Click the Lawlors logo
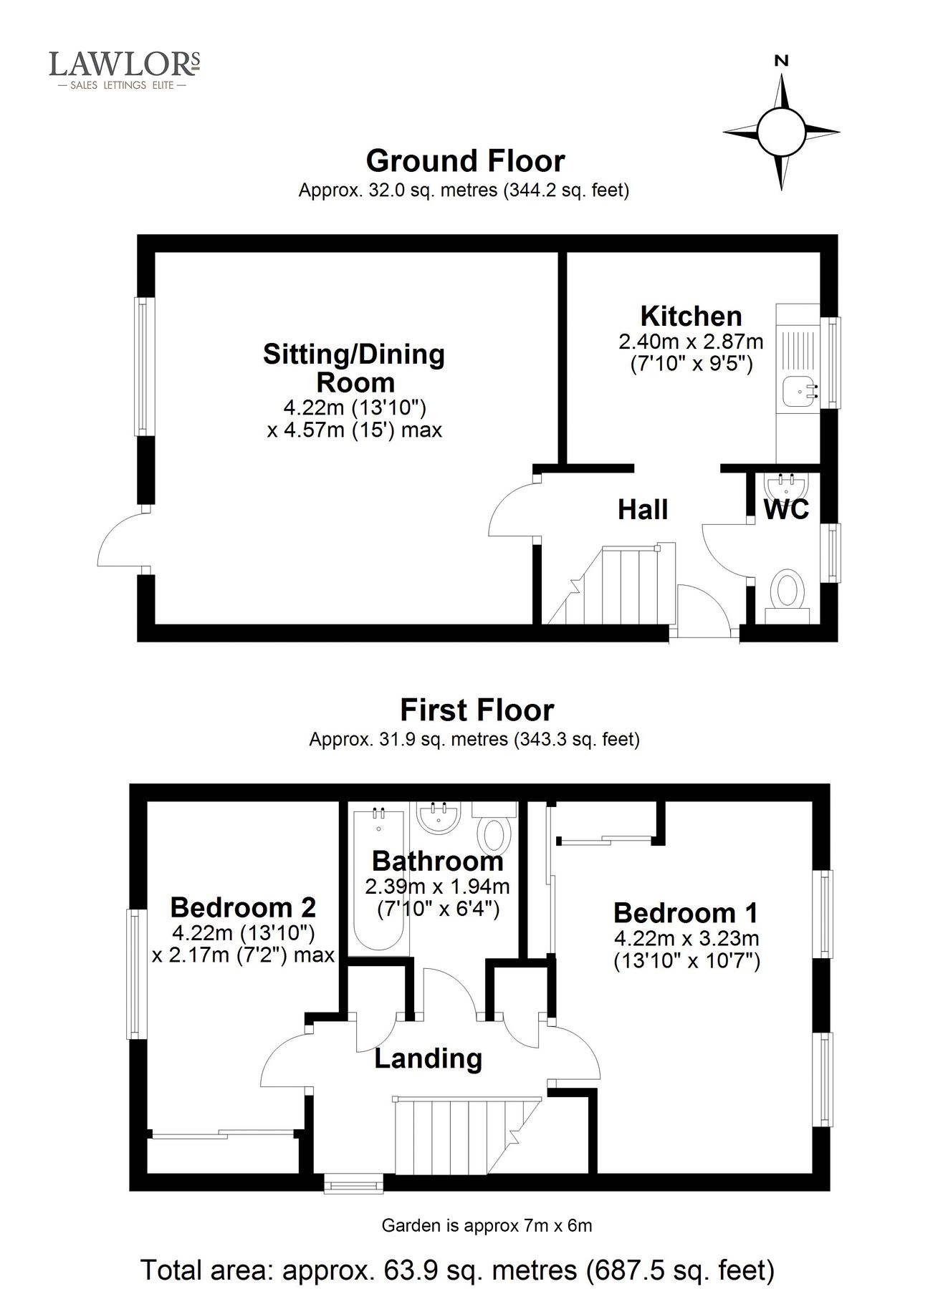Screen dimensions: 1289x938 [124, 69]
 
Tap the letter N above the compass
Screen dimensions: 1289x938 [781, 61]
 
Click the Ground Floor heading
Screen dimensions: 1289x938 [465, 161]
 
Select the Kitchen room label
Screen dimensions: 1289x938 [691, 316]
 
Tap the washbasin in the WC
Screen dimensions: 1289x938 [786, 488]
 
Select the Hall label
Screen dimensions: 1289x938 [643, 510]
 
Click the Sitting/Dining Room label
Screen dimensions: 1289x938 [354, 367]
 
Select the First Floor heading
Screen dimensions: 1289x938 [477, 710]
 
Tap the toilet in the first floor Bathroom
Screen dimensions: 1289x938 [494, 834]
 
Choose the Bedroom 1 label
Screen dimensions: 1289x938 [686, 913]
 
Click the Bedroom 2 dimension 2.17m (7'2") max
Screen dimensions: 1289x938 [244, 955]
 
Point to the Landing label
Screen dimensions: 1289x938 [428, 1058]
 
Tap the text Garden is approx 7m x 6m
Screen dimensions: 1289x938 [487, 1225]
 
